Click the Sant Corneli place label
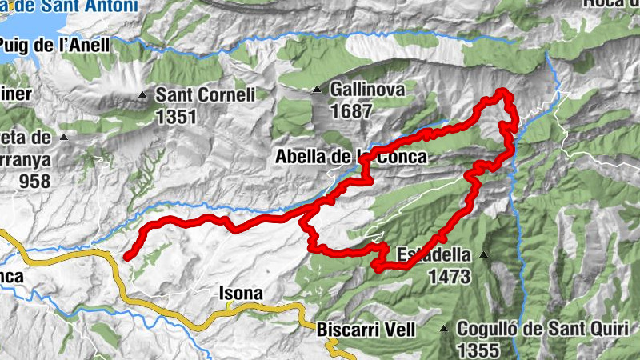(205, 95)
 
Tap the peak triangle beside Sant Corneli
(143, 95)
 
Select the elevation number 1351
(177, 117)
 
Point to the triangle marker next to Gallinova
(318, 89)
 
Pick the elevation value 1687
(352, 110)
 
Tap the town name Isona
(240, 294)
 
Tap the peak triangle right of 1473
(484, 255)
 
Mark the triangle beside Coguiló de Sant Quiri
(444, 328)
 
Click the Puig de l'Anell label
(56, 46)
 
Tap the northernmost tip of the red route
(504, 93)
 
